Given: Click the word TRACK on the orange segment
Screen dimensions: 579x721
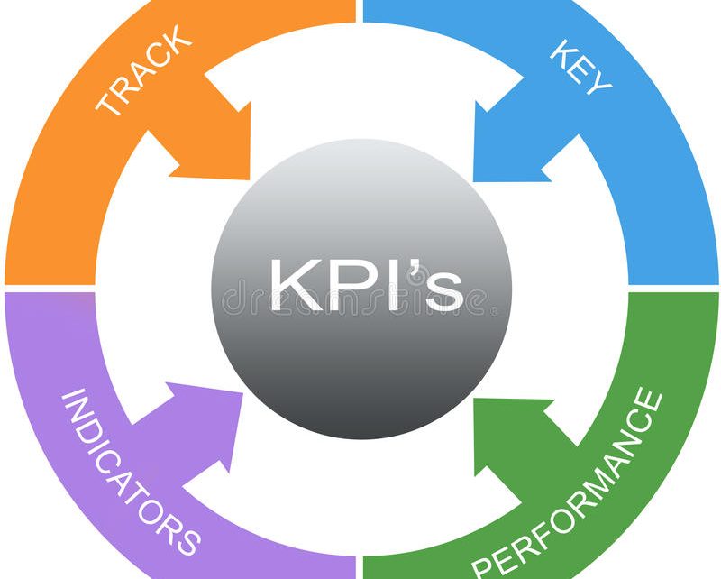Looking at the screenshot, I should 143,72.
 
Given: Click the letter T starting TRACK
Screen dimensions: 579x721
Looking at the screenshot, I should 106,103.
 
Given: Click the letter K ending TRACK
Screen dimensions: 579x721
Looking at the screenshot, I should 179,40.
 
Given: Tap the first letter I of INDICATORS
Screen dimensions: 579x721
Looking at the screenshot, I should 71,397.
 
